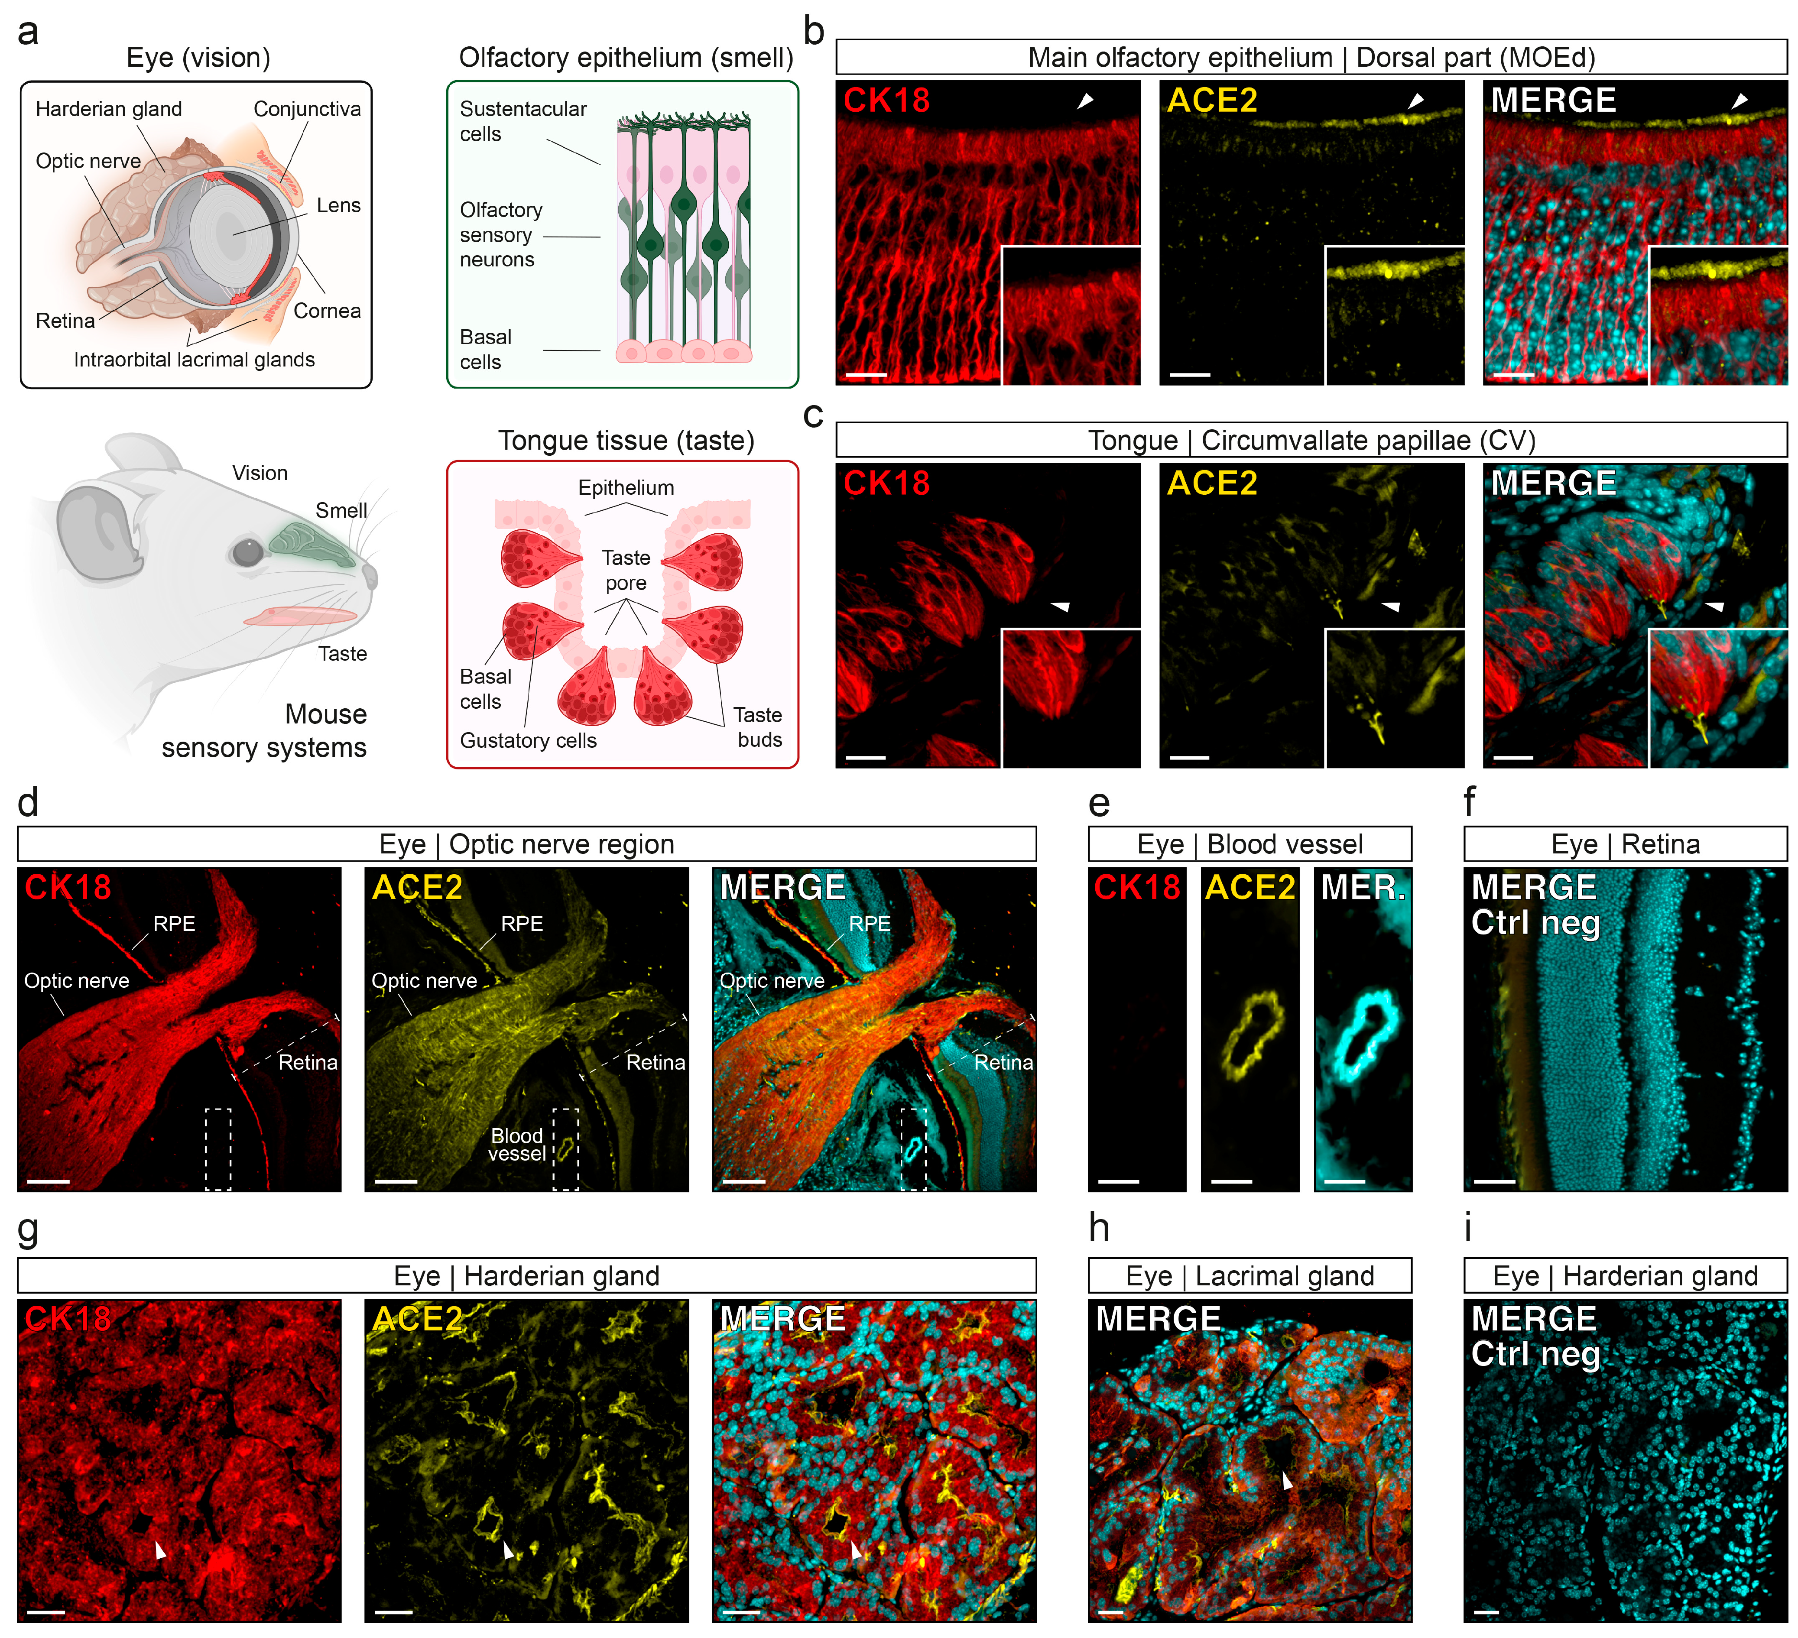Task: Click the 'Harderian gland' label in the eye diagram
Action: click(109, 109)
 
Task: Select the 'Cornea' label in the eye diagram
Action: click(327, 310)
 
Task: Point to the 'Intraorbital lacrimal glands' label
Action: click(195, 359)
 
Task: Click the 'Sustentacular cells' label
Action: click(523, 121)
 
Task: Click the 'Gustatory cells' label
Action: click(528, 740)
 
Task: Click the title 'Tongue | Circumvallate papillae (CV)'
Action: click(1311, 441)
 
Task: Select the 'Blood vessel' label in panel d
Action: click(517, 1144)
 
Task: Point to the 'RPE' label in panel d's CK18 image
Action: click(174, 924)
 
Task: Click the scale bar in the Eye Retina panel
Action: click(1495, 1181)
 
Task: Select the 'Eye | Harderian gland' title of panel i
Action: click(1625, 1276)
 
